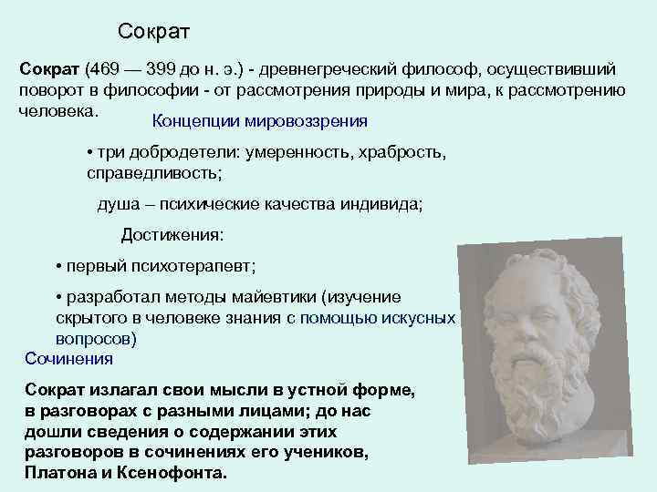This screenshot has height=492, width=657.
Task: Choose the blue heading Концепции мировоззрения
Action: pos(260,120)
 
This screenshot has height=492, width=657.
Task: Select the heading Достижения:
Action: pos(172,235)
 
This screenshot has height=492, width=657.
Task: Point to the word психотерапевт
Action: pos(197,266)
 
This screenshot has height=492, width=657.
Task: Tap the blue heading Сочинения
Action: pos(63,358)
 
